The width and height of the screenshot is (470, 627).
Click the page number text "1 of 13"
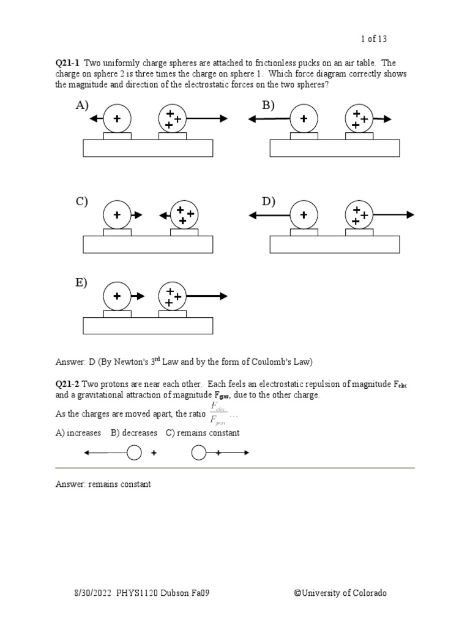point(374,39)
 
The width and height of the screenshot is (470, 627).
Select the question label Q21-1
point(68,63)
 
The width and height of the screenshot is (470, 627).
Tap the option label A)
point(82,107)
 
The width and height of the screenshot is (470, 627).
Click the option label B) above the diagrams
point(269,106)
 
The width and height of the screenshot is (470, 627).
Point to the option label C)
point(82,202)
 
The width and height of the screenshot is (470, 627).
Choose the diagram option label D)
point(269,202)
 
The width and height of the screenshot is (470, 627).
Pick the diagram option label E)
point(81,283)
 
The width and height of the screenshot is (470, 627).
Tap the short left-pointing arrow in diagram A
point(95,119)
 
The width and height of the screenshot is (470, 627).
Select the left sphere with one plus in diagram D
point(304,215)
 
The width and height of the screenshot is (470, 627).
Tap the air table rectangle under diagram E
point(148,326)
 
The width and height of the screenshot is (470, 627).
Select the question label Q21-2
point(68,384)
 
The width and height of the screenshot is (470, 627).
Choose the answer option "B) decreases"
point(134,433)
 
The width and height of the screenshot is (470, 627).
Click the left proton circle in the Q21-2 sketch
point(134,453)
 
